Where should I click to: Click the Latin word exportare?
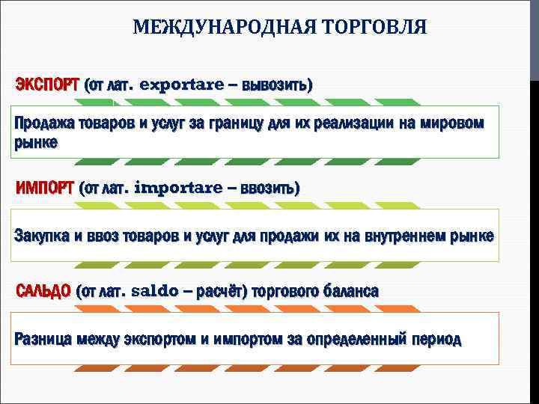pyautogui.click(x=181, y=84)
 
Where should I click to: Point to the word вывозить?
pyautogui.click(x=276, y=84)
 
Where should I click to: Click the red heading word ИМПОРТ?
pyautogui.click(x=44, y=187)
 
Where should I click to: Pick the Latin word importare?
pyautogui.click(x=177, y=187)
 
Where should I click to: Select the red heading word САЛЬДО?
pyautogui.click(x=43, y=290)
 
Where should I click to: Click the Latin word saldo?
pyautogui.click(x=155, y=290)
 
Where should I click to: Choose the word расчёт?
pyautogui.click(x=220, y=290)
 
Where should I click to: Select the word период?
pyautogui.click(x=436, y=339)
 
